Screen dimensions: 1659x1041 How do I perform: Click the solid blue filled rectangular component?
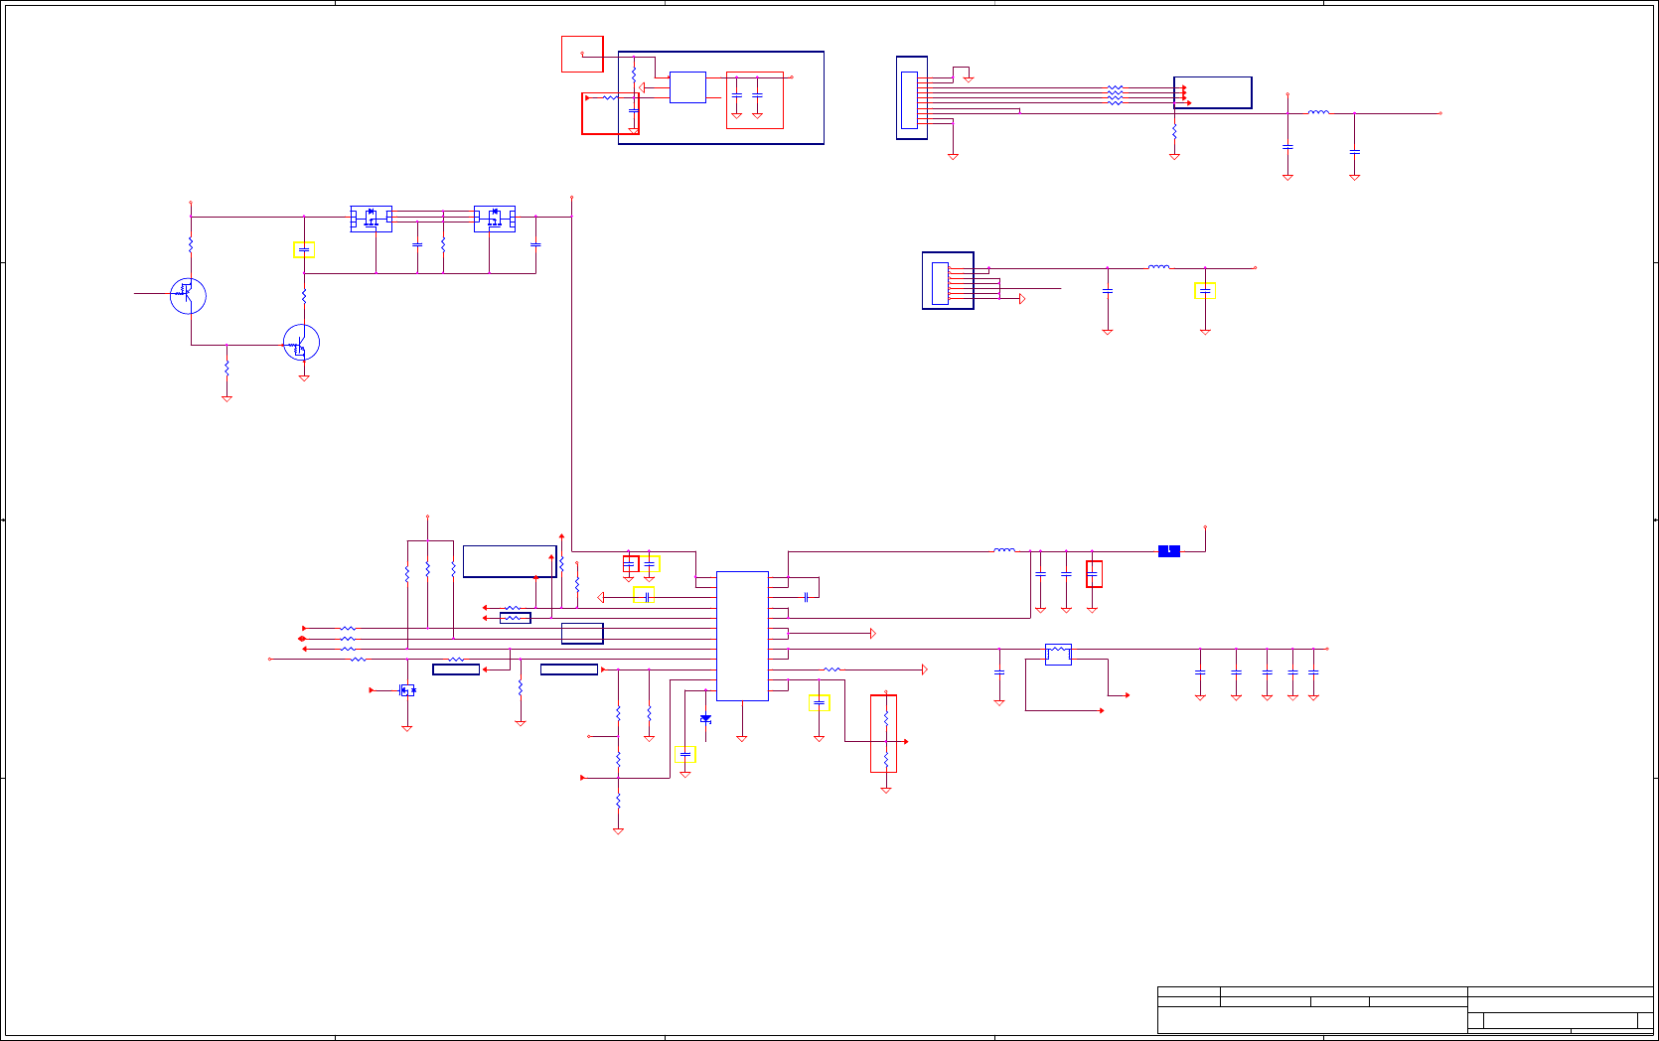(1169, 551)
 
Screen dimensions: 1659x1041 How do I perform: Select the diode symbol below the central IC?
(705, 718)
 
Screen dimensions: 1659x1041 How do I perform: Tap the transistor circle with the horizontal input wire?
(188, 295)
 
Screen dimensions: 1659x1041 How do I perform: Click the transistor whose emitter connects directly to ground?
(301, 343)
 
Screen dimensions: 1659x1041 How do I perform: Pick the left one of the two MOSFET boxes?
(372, 219)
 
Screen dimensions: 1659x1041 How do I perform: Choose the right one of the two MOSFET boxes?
(495, 219)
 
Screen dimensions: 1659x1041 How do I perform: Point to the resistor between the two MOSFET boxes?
(443, 243)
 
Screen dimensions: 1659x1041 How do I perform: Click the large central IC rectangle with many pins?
(742, 636)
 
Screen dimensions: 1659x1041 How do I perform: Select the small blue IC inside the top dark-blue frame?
(687, 87)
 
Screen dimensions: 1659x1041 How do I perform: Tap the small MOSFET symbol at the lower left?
(407, 690)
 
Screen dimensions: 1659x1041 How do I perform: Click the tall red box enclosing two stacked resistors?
(884, 733)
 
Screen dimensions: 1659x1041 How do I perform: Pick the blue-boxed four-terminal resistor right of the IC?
(1058, 654)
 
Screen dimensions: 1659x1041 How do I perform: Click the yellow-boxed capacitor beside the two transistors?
(304, 250)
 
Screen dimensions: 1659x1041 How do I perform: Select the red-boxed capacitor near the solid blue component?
(1094, 574)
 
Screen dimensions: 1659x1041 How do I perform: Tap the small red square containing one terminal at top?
(582, 54)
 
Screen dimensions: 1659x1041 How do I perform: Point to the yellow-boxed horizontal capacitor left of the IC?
(644, 596)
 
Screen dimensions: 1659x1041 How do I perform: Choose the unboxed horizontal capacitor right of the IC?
(807, 597)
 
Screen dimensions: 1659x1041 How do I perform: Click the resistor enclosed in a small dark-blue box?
(515, 618)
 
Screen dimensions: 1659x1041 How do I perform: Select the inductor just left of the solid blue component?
(1004, 550)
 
